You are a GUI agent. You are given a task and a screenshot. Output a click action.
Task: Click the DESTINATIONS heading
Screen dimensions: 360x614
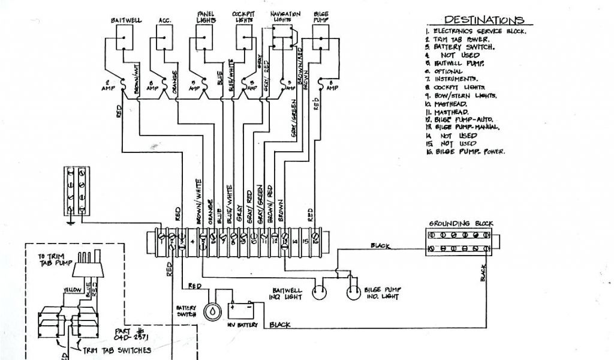(484, 20)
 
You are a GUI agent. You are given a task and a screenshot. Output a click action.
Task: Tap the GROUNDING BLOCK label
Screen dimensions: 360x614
(460, 224)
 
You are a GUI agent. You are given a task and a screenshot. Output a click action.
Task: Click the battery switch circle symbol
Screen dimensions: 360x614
(212, 311)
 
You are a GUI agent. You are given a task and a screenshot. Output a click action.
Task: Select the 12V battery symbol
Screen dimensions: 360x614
(243, 310)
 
